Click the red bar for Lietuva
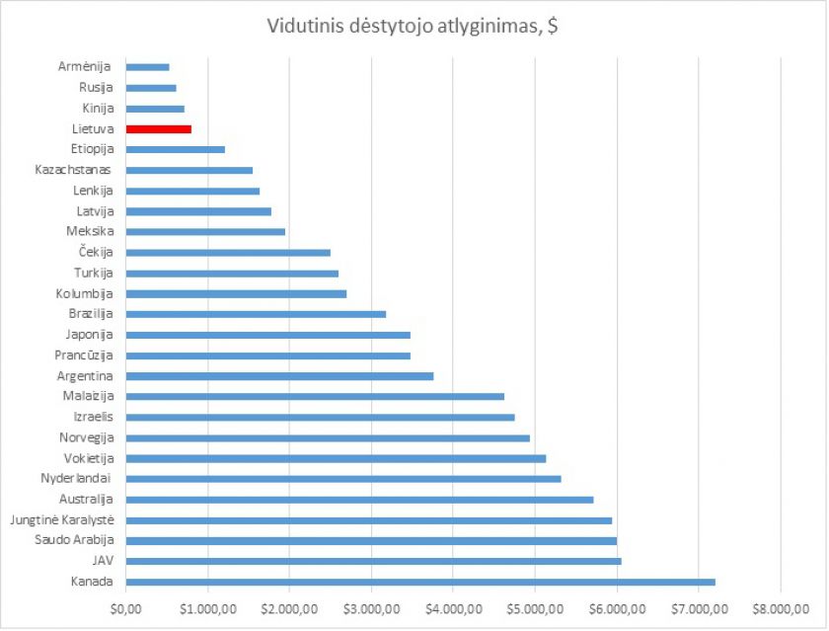pos(159,128)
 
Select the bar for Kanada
pos(420,582)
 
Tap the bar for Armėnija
pos(148,67)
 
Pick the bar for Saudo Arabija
pos(371,540)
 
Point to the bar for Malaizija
pos(315,396)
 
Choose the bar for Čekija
pos(228,253)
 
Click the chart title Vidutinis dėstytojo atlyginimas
pos(414,26)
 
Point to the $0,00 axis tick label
pos(126,609)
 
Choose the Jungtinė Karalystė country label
pos(61,519)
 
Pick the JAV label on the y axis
pos(103,561)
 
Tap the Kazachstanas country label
pos(74,170)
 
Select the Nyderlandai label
pos(77,478)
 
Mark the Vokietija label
pos(89,458)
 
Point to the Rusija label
pos(97,88)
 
